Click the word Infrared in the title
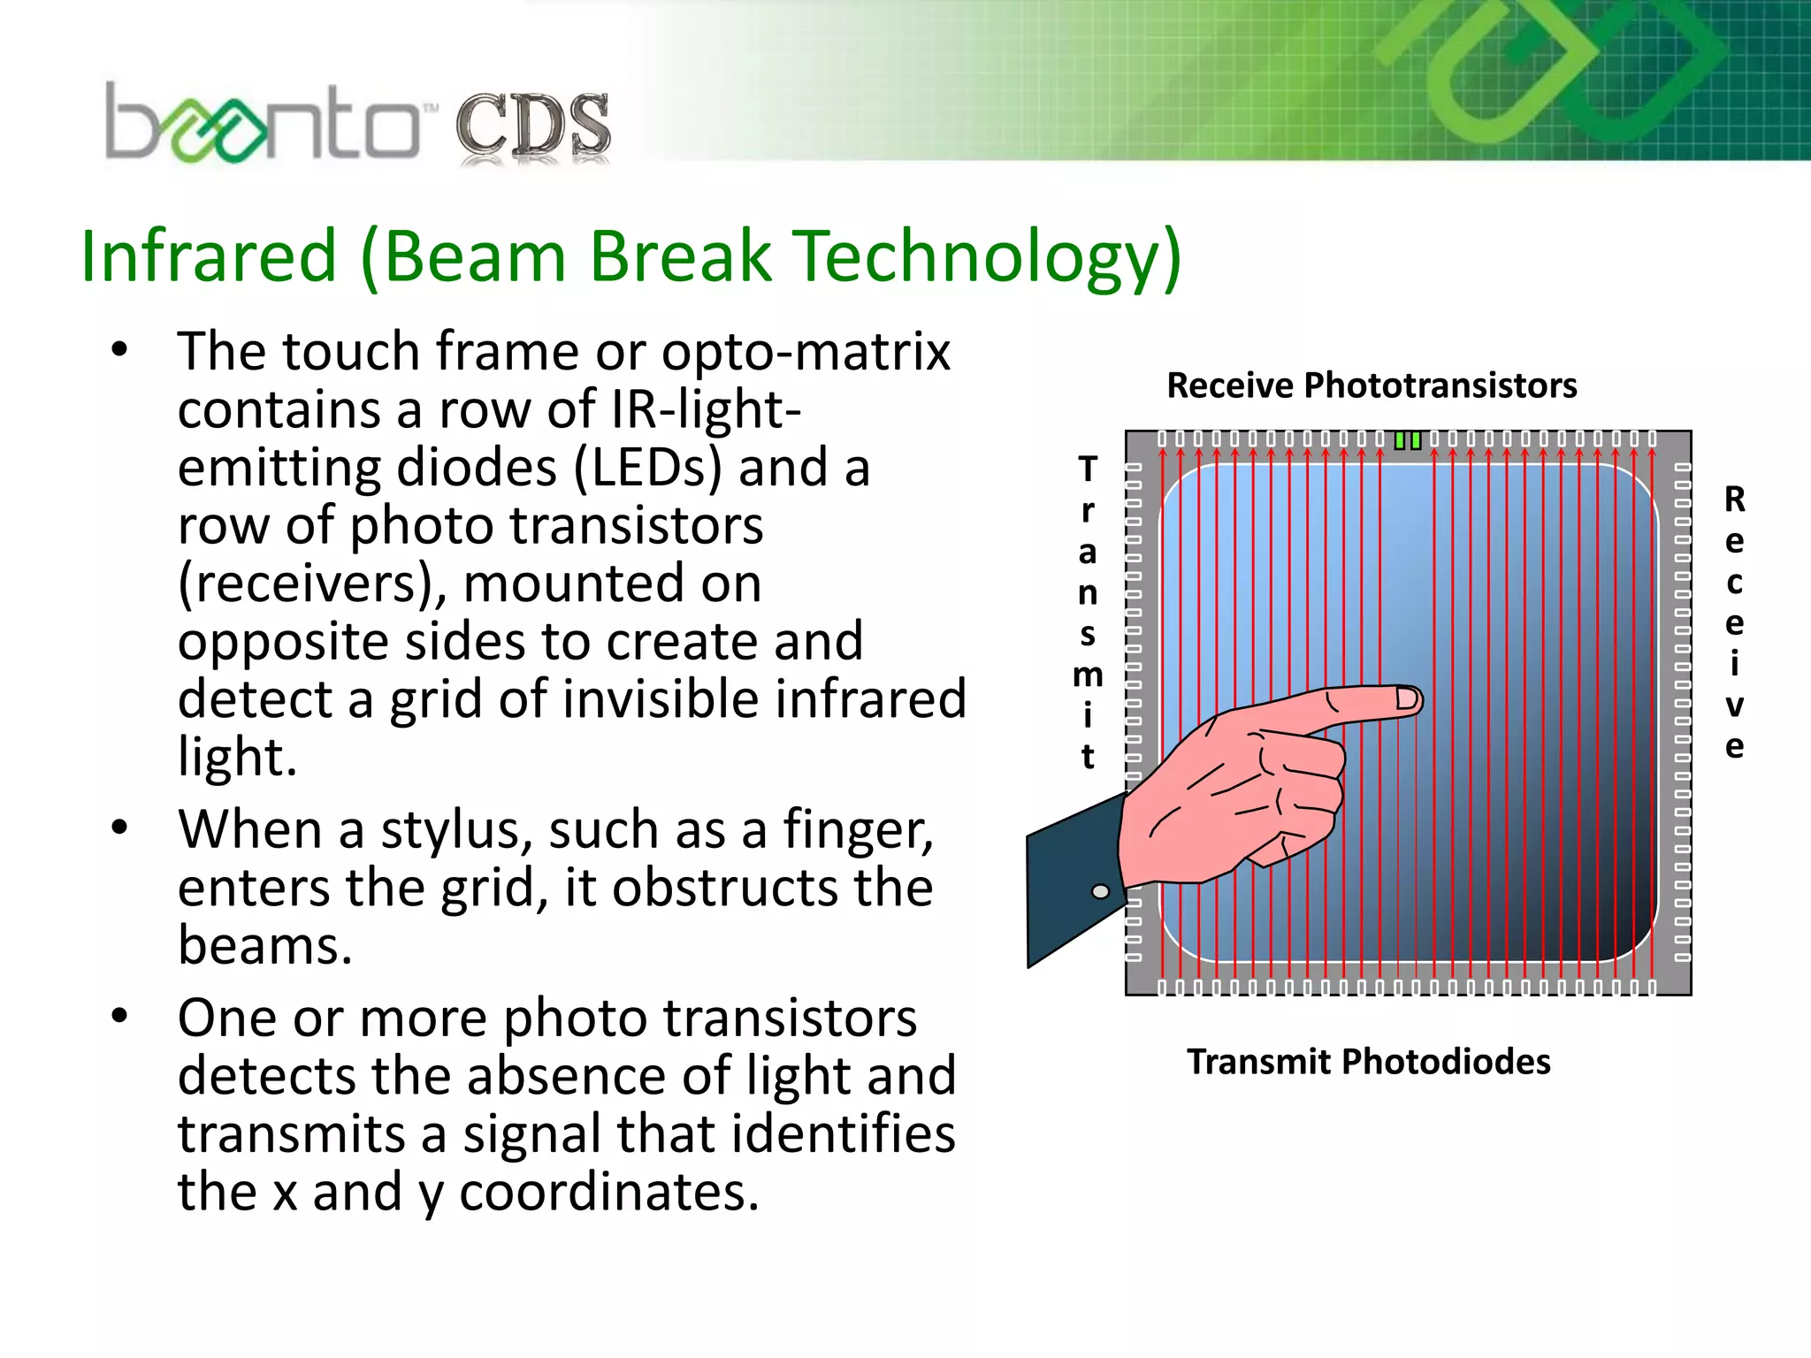[209, 256]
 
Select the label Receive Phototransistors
[1372, 385]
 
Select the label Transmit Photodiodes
[1368, 1062]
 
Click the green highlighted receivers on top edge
[1408, 440]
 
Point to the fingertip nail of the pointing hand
[1407, 699]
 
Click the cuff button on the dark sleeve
[1101, 891]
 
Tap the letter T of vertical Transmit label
[1088, 469]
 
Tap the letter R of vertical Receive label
[1735, 500]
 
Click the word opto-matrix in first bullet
[806, 352]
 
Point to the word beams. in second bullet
[265, 946]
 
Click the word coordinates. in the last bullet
[609, 1192]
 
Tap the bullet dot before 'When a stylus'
[120, 828]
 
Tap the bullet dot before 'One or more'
[120, 1017]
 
